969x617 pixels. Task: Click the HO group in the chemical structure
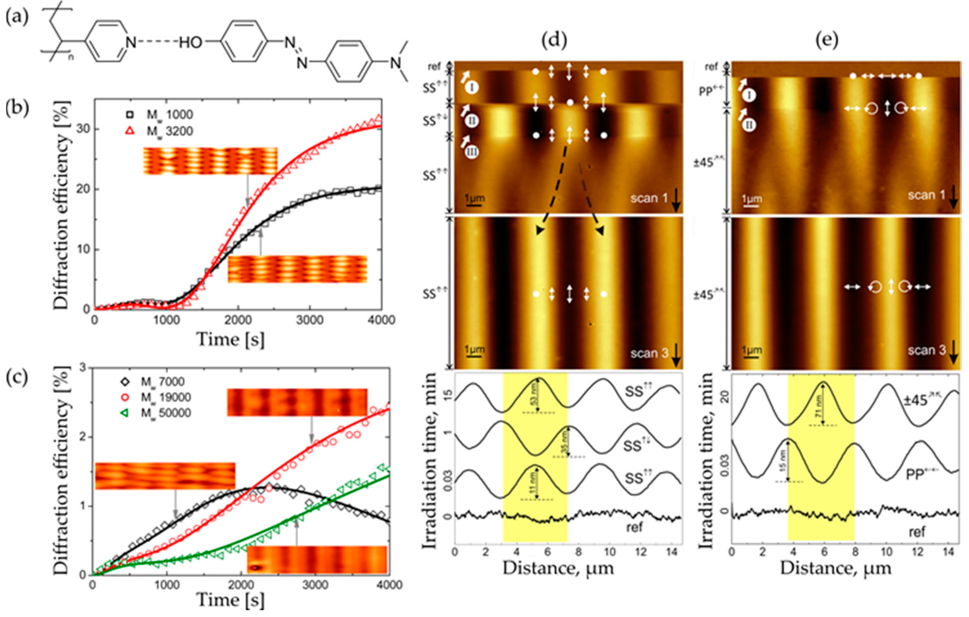coord(190,42)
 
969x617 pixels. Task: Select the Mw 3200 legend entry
coord(169,131)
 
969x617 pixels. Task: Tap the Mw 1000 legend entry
coord(169,115)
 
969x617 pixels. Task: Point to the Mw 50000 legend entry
coord(165,413)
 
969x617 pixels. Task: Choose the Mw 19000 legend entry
coord(165,398)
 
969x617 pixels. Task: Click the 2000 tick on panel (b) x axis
coord(238,321)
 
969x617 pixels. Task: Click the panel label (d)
coord(555,40)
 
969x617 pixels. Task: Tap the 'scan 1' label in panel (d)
coord(649,198)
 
